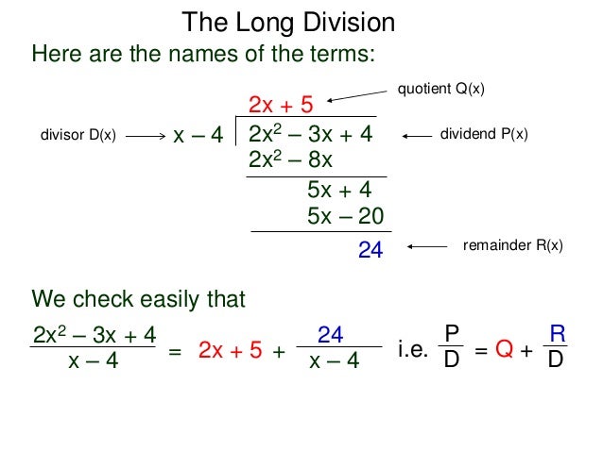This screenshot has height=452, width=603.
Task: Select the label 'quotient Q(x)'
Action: [x=442, y=90]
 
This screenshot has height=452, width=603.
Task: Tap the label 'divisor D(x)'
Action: [x=78, y=137]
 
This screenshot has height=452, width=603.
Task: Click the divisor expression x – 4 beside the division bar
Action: [x=198, y=137]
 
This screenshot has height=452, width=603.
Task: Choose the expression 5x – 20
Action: [x=345, y=216]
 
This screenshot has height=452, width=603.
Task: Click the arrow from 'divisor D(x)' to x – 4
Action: [x=145, y=137]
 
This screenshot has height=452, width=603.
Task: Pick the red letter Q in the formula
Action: [x=504, y=351]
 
